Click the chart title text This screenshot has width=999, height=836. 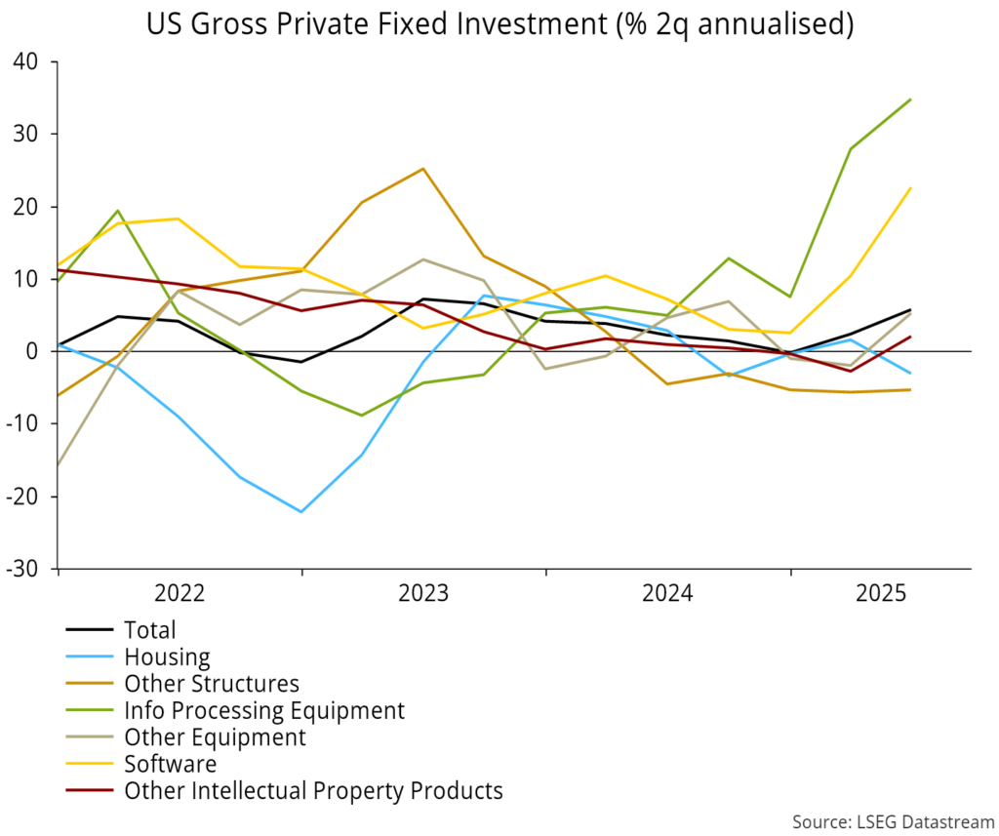pyautogui.click(x=499, y=24)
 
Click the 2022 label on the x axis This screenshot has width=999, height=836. pyautogui.click(x=179, y=593)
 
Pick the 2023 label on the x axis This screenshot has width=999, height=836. pyautogui.click(x=423, y=593)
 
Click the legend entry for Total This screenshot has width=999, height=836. pyautogui.click(x=150, y=631)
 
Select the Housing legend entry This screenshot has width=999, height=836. pyautogui.click(x=167, y=657)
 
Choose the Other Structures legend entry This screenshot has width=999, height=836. pyautogui.click(x=211, y=684)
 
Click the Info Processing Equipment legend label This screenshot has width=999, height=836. pyautogui.click(x=263, y=711)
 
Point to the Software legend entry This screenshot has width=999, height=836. pyautogui.click(x=170, y=764)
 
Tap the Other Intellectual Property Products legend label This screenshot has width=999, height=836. pyautogui.click(x=312, y=790)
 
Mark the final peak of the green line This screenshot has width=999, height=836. pyautogui.click(x=911, y=100)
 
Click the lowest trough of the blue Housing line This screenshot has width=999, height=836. pyautogui.click(x=301, y=512)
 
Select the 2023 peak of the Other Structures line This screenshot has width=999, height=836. pyautogui.click(x=422, y=169)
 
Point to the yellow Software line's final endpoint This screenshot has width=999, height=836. pyautogui.click(x=911, y=188)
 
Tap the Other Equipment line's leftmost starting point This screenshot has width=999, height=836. pyautogui.click(x=59, y=466)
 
